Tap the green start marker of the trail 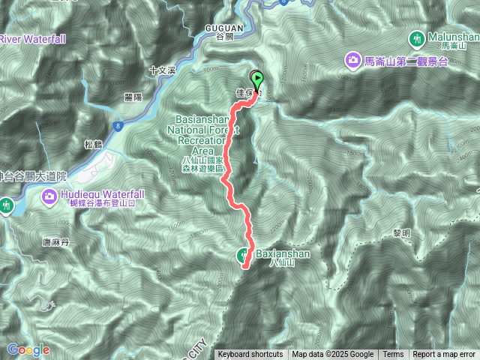(x=256, y=78)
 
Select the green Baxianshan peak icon (x=245, y=255)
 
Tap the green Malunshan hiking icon (x=417, y=37)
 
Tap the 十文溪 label (x=161, y=70)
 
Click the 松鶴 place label (x=93, y=144)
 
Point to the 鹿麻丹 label (x=55, y=242)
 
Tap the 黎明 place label (x=402, y=233)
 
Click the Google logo (x=28, y=349)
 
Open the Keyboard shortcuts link (x=250, y=355)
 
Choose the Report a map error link (x=444, y=355)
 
